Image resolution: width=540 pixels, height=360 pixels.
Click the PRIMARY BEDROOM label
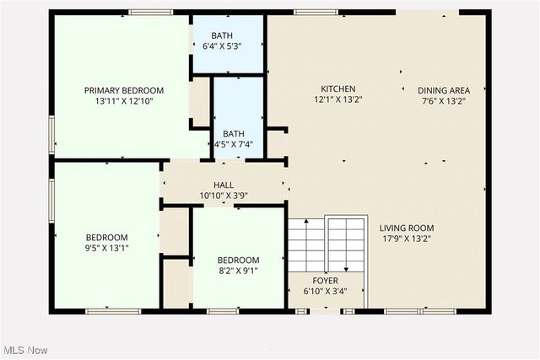tap(123, 90)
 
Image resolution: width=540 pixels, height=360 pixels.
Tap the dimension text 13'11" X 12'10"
tap(123, 101)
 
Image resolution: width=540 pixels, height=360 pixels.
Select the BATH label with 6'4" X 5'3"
tap(222, 35)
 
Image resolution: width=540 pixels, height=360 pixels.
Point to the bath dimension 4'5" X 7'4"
tap(234, 144)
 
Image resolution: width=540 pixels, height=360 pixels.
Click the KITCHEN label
tap(337, 89)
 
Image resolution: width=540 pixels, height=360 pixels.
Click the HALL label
tap(224, 185)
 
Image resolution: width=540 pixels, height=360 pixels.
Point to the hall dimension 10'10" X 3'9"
tap(224, 196)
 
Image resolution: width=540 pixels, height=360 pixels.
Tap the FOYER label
tap(325, 281)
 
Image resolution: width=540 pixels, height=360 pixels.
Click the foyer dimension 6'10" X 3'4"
tap(325, 292)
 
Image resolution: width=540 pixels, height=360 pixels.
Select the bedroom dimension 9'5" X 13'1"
tap(106, 249)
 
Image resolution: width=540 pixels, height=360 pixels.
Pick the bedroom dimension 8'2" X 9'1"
tap(238, 271)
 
